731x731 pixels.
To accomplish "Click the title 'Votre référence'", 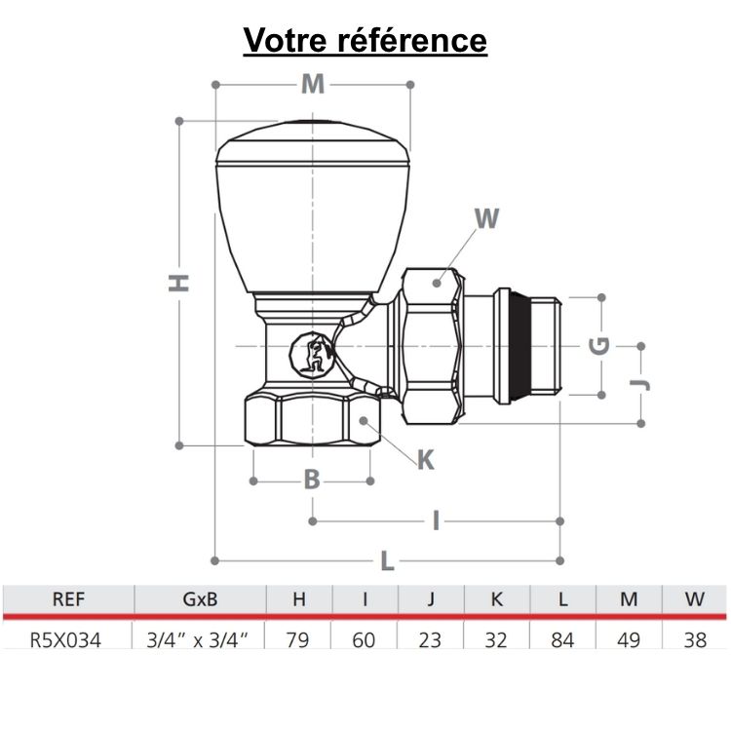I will click(x=365, y=40).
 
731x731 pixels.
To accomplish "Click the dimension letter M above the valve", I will click(x=312, y=85).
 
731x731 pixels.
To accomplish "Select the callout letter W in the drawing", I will click(x=486, y=218).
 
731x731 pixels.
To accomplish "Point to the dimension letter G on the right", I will click(x=601, y=344).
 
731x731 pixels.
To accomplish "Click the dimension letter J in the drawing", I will click(x=640, y=382).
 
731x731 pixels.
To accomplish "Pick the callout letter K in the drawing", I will click(x=425, y=460).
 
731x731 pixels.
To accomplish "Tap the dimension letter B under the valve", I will click(x=312, y=480).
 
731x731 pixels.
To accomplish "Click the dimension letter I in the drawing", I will click(x=436, y=520).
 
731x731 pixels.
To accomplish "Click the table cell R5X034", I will click(x=66, y=639).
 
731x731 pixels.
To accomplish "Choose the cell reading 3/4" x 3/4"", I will click(x=199, y=639).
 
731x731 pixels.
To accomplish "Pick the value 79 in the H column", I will click(x=299, y=639).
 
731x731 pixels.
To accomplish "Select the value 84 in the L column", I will click(x=562, y=639).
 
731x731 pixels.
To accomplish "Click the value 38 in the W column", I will click(x=694, y=639).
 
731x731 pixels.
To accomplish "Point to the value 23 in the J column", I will click(x=431, y=639).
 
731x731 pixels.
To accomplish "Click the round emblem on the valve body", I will click(x=314, y=357).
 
